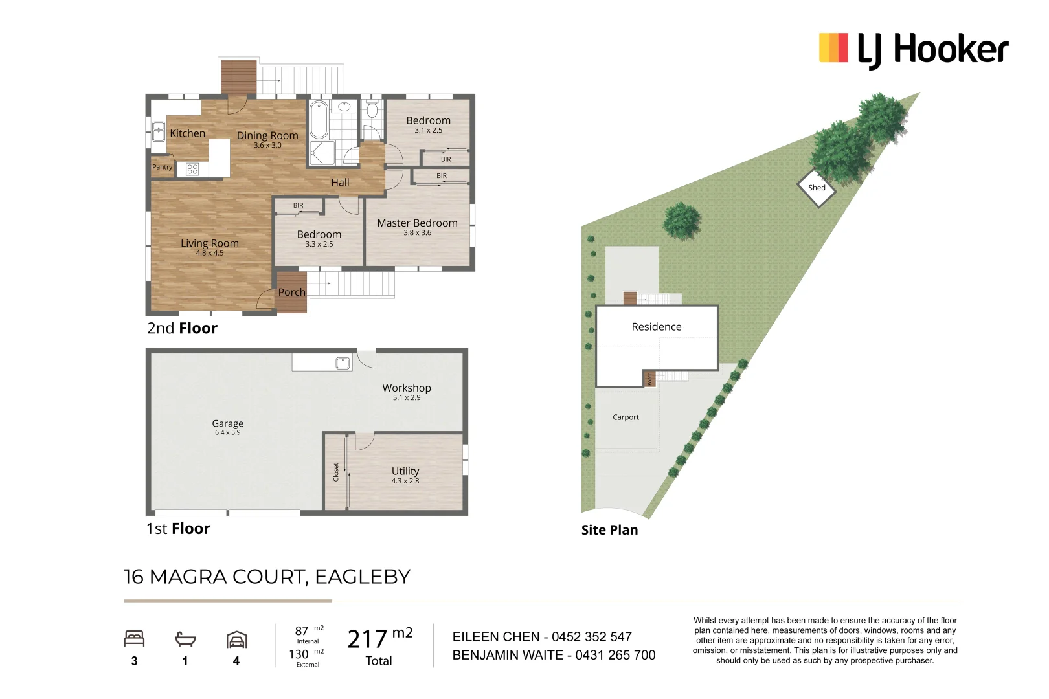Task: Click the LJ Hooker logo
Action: pos(913,50)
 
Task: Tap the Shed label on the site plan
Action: pos(817,188)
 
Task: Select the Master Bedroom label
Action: pos(417,223)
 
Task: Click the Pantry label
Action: pos(162,167)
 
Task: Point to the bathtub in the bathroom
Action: pos(319,119)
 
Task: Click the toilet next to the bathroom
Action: pos(372,109)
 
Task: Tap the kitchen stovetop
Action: pos(192,169)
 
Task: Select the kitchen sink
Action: pos(159,131)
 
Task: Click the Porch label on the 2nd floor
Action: pos(292,292)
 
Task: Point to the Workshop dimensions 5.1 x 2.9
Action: pos(407,398)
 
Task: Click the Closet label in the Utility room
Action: pos(336,472)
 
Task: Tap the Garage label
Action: pos(227,423)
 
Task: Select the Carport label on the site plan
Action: pos(626,417)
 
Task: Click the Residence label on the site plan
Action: pos(657,327)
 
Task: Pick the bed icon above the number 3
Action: pos(134,639)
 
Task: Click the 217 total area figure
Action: pos(367,639)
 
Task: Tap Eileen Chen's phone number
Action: pos(592,637)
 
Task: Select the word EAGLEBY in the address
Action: pos(363,577)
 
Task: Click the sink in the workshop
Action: pos(343,363)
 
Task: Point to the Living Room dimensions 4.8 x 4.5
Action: pos(210,253)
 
